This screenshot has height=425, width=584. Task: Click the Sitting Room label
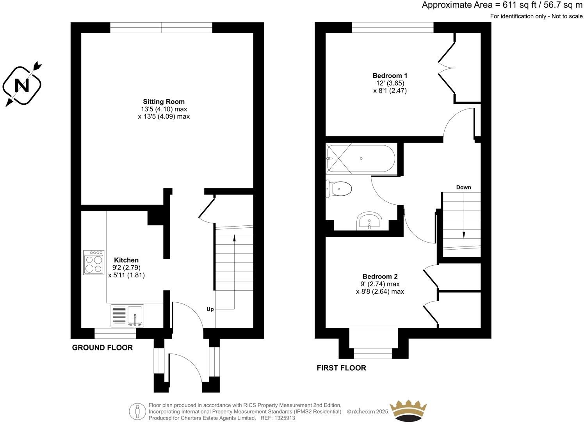coord(164,102)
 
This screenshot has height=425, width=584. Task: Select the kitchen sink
coord(135,316)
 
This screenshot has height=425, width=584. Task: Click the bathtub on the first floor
coord(361,159)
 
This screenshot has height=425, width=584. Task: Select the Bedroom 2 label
coord(380,276)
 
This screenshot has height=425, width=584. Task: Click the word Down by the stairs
coord(463,187)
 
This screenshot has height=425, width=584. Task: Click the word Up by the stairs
coord(210,309)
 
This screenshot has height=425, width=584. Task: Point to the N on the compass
coord(22,85)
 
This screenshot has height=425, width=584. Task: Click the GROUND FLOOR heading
coord(102,348)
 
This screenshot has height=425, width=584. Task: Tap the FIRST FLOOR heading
coord(341,368)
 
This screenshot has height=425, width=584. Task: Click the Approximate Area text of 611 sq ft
coord(502,5)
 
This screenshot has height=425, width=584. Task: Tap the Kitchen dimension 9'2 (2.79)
coord(126,268)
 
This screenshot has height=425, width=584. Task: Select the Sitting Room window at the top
coord(161,28)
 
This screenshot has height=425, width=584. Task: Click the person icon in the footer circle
coord(137,411)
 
